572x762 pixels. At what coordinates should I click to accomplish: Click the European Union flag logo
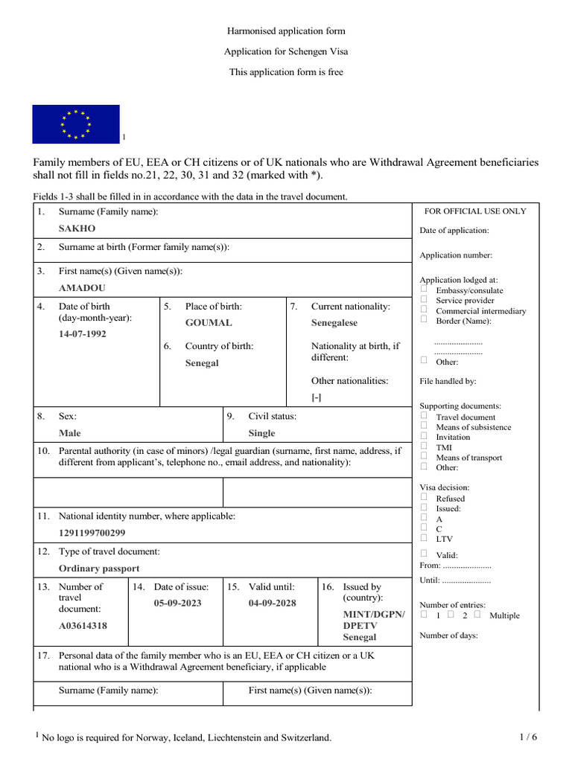tap(75, 124)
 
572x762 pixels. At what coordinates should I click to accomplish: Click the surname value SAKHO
tap(77, 228)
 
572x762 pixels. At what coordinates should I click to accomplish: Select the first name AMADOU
tap(82, 287)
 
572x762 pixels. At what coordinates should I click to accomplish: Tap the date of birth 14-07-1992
tap(83, 334)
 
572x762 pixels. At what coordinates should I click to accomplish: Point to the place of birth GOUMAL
tap(209, 323)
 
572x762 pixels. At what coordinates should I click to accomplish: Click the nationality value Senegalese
tap(334, 323)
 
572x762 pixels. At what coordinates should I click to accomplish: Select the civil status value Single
tap(261, 433)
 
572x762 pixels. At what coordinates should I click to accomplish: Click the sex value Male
tap(70, 433)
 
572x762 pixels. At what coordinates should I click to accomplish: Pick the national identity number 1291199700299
tap(92, 533)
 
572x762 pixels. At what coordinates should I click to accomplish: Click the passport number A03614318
tap(83, 626)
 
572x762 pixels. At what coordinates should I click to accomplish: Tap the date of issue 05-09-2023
tap(177, 603)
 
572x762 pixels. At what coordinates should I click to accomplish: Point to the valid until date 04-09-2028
tap(272, 603)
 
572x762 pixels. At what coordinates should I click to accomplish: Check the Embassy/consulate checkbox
tap(424, 289)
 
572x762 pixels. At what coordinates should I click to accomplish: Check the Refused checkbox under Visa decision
tap(424, 497)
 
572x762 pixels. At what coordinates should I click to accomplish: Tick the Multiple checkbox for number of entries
tap(477, 615)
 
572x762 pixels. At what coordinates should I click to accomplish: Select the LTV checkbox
tap(424, 537)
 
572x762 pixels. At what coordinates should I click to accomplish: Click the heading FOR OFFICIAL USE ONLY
tap(475, 211)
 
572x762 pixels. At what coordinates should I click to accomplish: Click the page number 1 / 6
tap(528, 737)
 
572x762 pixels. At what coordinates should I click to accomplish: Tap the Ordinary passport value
tap(99, 569)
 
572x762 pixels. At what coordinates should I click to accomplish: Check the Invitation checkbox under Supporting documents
tap(424, 437)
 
